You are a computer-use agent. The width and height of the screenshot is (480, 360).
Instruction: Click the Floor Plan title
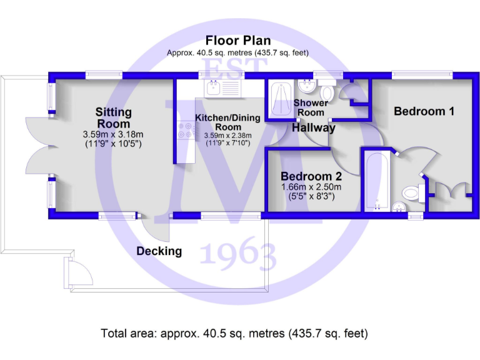click(x=237, y=41)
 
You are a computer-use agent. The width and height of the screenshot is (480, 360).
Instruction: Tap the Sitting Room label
click(x=113, y=117)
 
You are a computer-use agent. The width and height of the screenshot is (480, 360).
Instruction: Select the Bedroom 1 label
click(x=424, y=111)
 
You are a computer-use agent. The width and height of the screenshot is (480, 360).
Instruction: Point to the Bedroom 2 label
click(x=311, y=176)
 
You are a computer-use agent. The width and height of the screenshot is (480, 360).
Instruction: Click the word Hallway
click(x=314, y=128)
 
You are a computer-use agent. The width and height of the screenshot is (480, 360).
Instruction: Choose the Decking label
click(x=159, y=251)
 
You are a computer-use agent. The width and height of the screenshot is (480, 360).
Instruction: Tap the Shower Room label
click(x=311, y=107)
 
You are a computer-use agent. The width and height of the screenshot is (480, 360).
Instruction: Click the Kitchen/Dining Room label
click(x=223, y=122)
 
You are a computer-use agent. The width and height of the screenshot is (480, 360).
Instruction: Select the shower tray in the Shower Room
click(x=278, y=100)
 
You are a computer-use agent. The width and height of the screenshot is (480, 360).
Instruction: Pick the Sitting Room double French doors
click(x=39, y=147)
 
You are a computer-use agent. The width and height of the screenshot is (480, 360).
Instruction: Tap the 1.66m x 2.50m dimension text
click(x=311, y=187)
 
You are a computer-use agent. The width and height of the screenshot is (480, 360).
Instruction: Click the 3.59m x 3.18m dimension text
click(x=113, y=134)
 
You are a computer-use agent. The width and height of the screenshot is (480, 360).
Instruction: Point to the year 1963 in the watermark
click(x=238, y=256)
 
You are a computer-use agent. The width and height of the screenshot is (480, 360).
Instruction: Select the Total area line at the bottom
click(x=234, y=334)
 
